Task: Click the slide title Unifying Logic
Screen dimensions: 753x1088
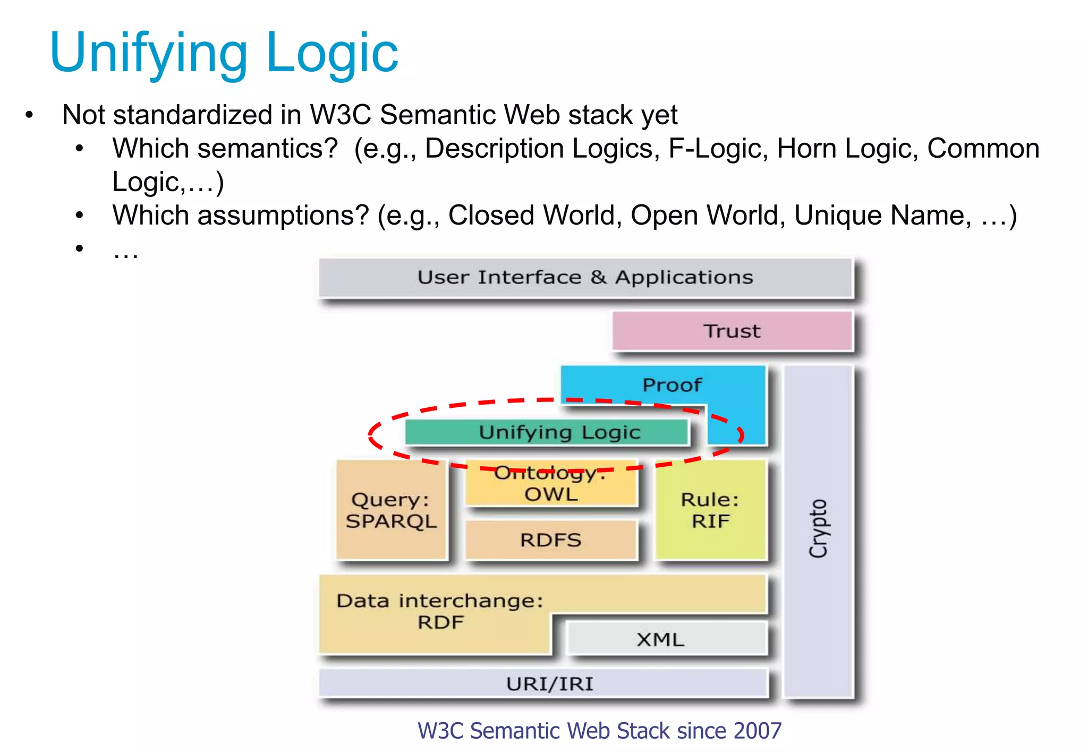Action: (223, 53)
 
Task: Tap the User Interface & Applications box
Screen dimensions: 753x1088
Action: (585, 278)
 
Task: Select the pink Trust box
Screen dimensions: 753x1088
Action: (732, 331)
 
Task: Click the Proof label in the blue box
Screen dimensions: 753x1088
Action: (671, 385)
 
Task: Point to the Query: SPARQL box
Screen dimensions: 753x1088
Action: (391, 510)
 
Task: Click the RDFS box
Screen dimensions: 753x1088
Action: (551, 540)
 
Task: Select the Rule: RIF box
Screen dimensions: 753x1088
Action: (710, 510)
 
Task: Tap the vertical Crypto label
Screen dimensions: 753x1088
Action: (818, 528)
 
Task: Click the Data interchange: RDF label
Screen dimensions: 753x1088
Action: (440, 611)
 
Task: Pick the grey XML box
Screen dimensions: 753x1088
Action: (660, 639)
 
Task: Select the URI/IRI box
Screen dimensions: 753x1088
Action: (549, 684)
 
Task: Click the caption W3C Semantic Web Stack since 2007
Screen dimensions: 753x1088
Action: (599, 731)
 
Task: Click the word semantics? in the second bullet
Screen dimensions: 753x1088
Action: (267, 149)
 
